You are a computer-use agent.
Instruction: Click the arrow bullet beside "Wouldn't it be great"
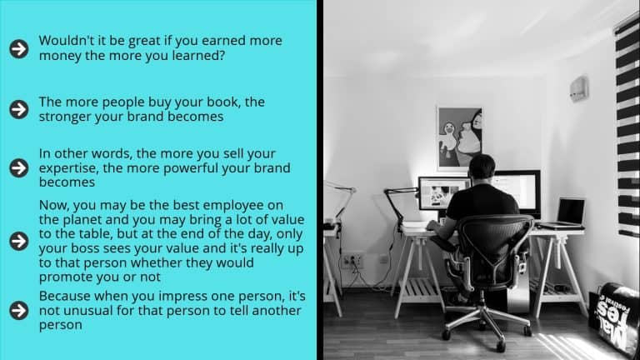tap(19, 48)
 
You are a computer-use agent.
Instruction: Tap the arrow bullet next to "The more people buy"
tap(19, 109)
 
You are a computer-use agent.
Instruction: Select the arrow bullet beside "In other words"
tap(19, 167)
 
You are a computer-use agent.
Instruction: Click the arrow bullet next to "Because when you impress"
tap(19, 310)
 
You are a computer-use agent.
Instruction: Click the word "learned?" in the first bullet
tap(198, 55)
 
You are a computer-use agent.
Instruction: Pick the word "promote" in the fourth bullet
tap(65, 277)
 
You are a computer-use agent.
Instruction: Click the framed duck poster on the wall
tap(460, 138)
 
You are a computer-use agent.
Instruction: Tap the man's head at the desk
tap(482, 167)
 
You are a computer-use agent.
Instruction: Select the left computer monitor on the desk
tap(442, 193)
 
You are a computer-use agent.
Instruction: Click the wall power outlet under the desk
tap(352, 260)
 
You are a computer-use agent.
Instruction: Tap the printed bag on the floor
tap(613, 317)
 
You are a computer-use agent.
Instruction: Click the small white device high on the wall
tap(579, 89)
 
